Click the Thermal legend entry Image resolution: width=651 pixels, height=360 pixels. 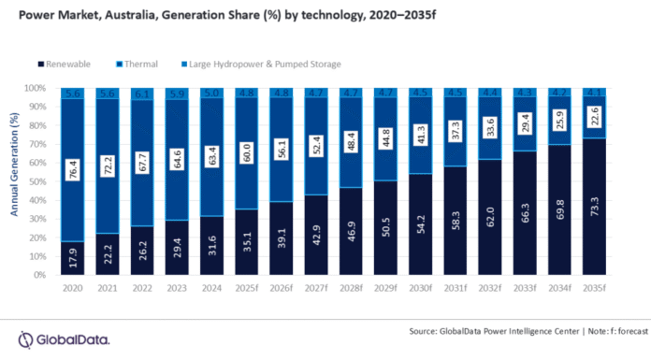click(139, 65)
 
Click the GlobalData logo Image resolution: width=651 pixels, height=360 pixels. click(60, 338)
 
